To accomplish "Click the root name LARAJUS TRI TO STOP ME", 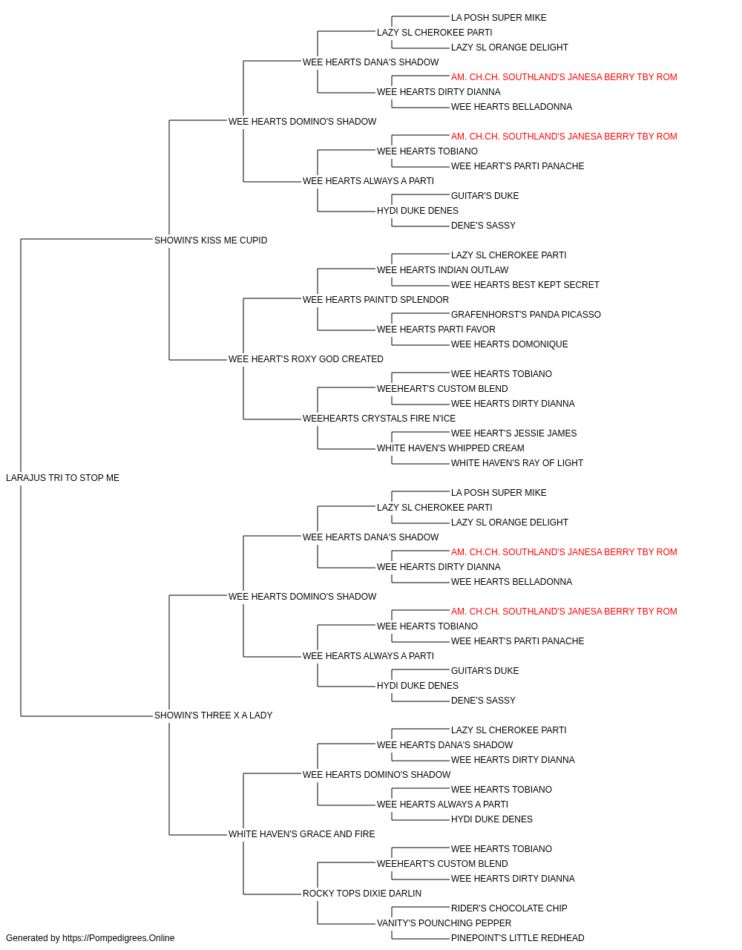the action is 62,478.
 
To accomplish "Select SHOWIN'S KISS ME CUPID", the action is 211,240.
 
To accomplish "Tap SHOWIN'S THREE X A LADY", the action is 213,715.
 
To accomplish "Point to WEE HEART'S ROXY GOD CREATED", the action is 306,359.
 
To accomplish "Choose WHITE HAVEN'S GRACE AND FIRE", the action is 301,834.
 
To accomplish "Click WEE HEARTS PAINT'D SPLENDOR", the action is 375,300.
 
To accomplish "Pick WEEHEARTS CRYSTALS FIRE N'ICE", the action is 379,419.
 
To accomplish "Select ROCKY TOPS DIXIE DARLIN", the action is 362,894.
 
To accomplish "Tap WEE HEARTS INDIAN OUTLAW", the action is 443,270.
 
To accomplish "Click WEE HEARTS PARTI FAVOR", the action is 436,330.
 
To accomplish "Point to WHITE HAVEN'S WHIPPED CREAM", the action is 450,448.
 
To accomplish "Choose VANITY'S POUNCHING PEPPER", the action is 444,923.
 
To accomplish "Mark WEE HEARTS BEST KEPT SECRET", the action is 525,285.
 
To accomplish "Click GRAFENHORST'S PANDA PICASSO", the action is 525,315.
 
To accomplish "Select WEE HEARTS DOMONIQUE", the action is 510,344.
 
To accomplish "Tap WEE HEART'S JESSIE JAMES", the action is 514,433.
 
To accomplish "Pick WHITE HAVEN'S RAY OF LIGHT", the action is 517,463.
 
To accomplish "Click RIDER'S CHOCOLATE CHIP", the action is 509,908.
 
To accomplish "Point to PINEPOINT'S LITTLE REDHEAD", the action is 517,938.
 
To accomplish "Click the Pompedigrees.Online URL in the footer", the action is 119,938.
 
